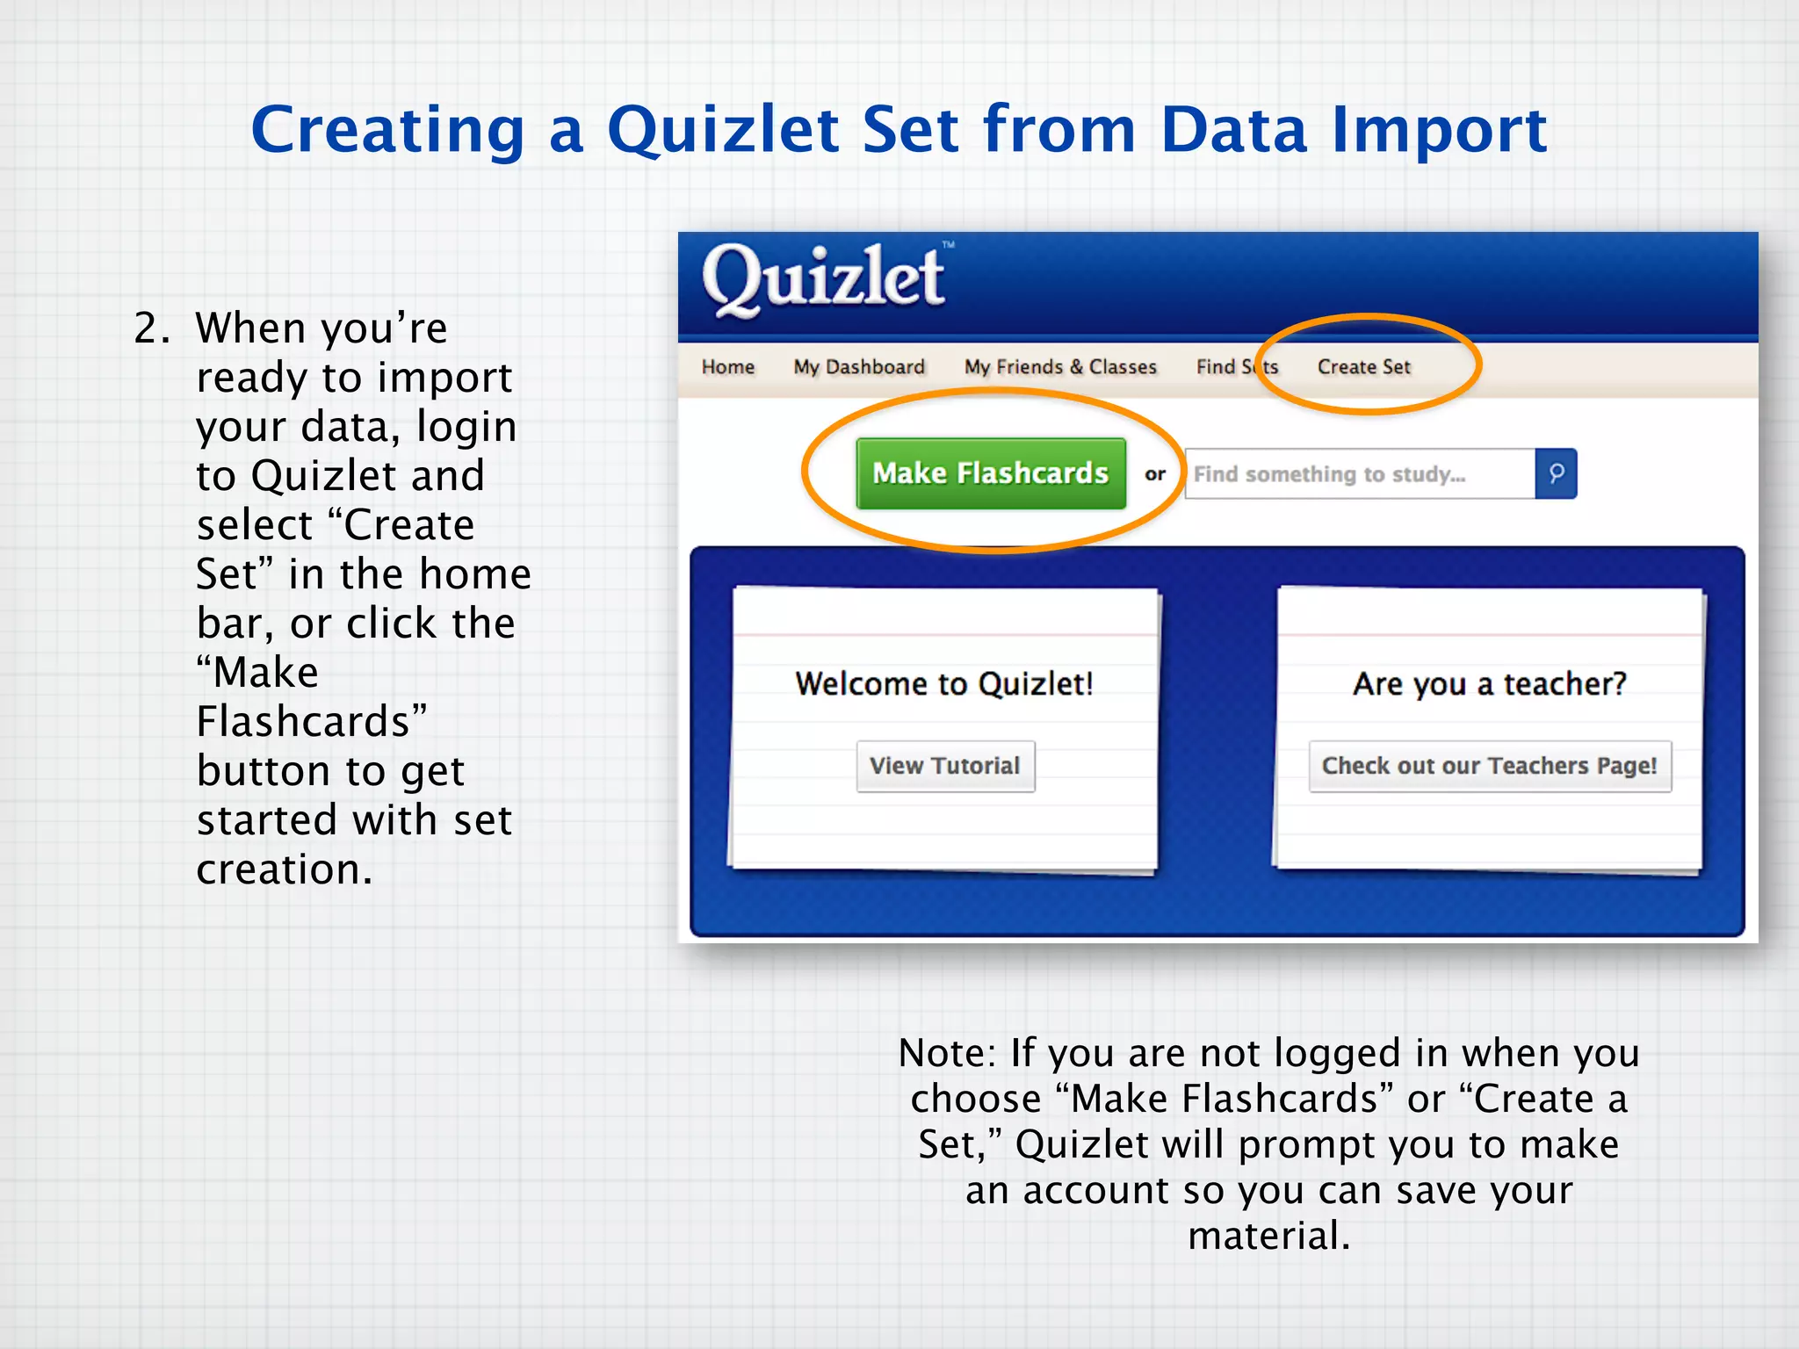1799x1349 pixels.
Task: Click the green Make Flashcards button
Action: pos(990,473)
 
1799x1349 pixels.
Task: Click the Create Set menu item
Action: pos(1363,367)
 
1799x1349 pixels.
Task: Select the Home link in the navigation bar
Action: pos(727,367)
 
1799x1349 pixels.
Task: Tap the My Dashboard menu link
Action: pos(858,367)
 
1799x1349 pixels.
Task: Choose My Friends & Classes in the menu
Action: pos(1059,367)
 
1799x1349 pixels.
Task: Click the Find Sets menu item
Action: pos(1236,367)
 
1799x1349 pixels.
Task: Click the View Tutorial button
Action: pos(945,766)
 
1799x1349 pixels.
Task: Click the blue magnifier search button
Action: pos(1556,474)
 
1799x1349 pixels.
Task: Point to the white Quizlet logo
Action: pos(823,279)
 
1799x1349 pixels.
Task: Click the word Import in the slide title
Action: pos(1438,130)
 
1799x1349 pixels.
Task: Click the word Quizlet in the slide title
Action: pos(723,130)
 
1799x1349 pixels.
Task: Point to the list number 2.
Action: pos(150,328)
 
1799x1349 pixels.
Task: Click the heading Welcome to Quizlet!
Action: pos(944,683)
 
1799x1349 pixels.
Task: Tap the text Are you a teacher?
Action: pos(1490,683)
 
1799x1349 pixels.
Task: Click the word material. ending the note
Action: pos(1268,1236)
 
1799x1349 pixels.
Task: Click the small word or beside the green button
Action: pos(1154,474)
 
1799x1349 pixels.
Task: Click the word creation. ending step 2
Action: pos(284,869)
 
